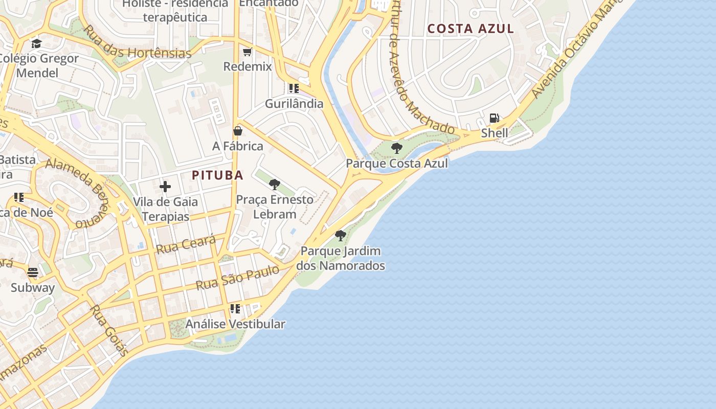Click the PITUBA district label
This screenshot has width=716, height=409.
click(217, 175)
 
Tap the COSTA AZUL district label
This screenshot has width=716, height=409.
click(471, 29)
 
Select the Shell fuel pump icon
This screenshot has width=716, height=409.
click(494, 118)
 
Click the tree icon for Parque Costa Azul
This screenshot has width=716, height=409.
click(396, 148)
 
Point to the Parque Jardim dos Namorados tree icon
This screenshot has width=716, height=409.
click(340, 236)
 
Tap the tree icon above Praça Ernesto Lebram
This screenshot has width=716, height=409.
click(275, 185)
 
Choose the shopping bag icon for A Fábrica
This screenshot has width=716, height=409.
click(238, 131)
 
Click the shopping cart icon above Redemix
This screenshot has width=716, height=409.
click(248, 52)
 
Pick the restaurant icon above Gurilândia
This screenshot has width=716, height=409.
click(294, 88)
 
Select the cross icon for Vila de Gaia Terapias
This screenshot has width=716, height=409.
click(165, 187)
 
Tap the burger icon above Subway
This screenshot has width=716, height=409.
click(33, 272)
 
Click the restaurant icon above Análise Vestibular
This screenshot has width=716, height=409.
click(235, 309)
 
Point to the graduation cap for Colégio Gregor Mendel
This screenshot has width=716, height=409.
click(36, 43)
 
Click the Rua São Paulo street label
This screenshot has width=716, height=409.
click(238, 278)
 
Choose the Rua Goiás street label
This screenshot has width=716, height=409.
click(108, 330)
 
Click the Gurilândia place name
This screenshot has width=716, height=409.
click(294, 104)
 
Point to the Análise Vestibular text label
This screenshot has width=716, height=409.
click(235, 324)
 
